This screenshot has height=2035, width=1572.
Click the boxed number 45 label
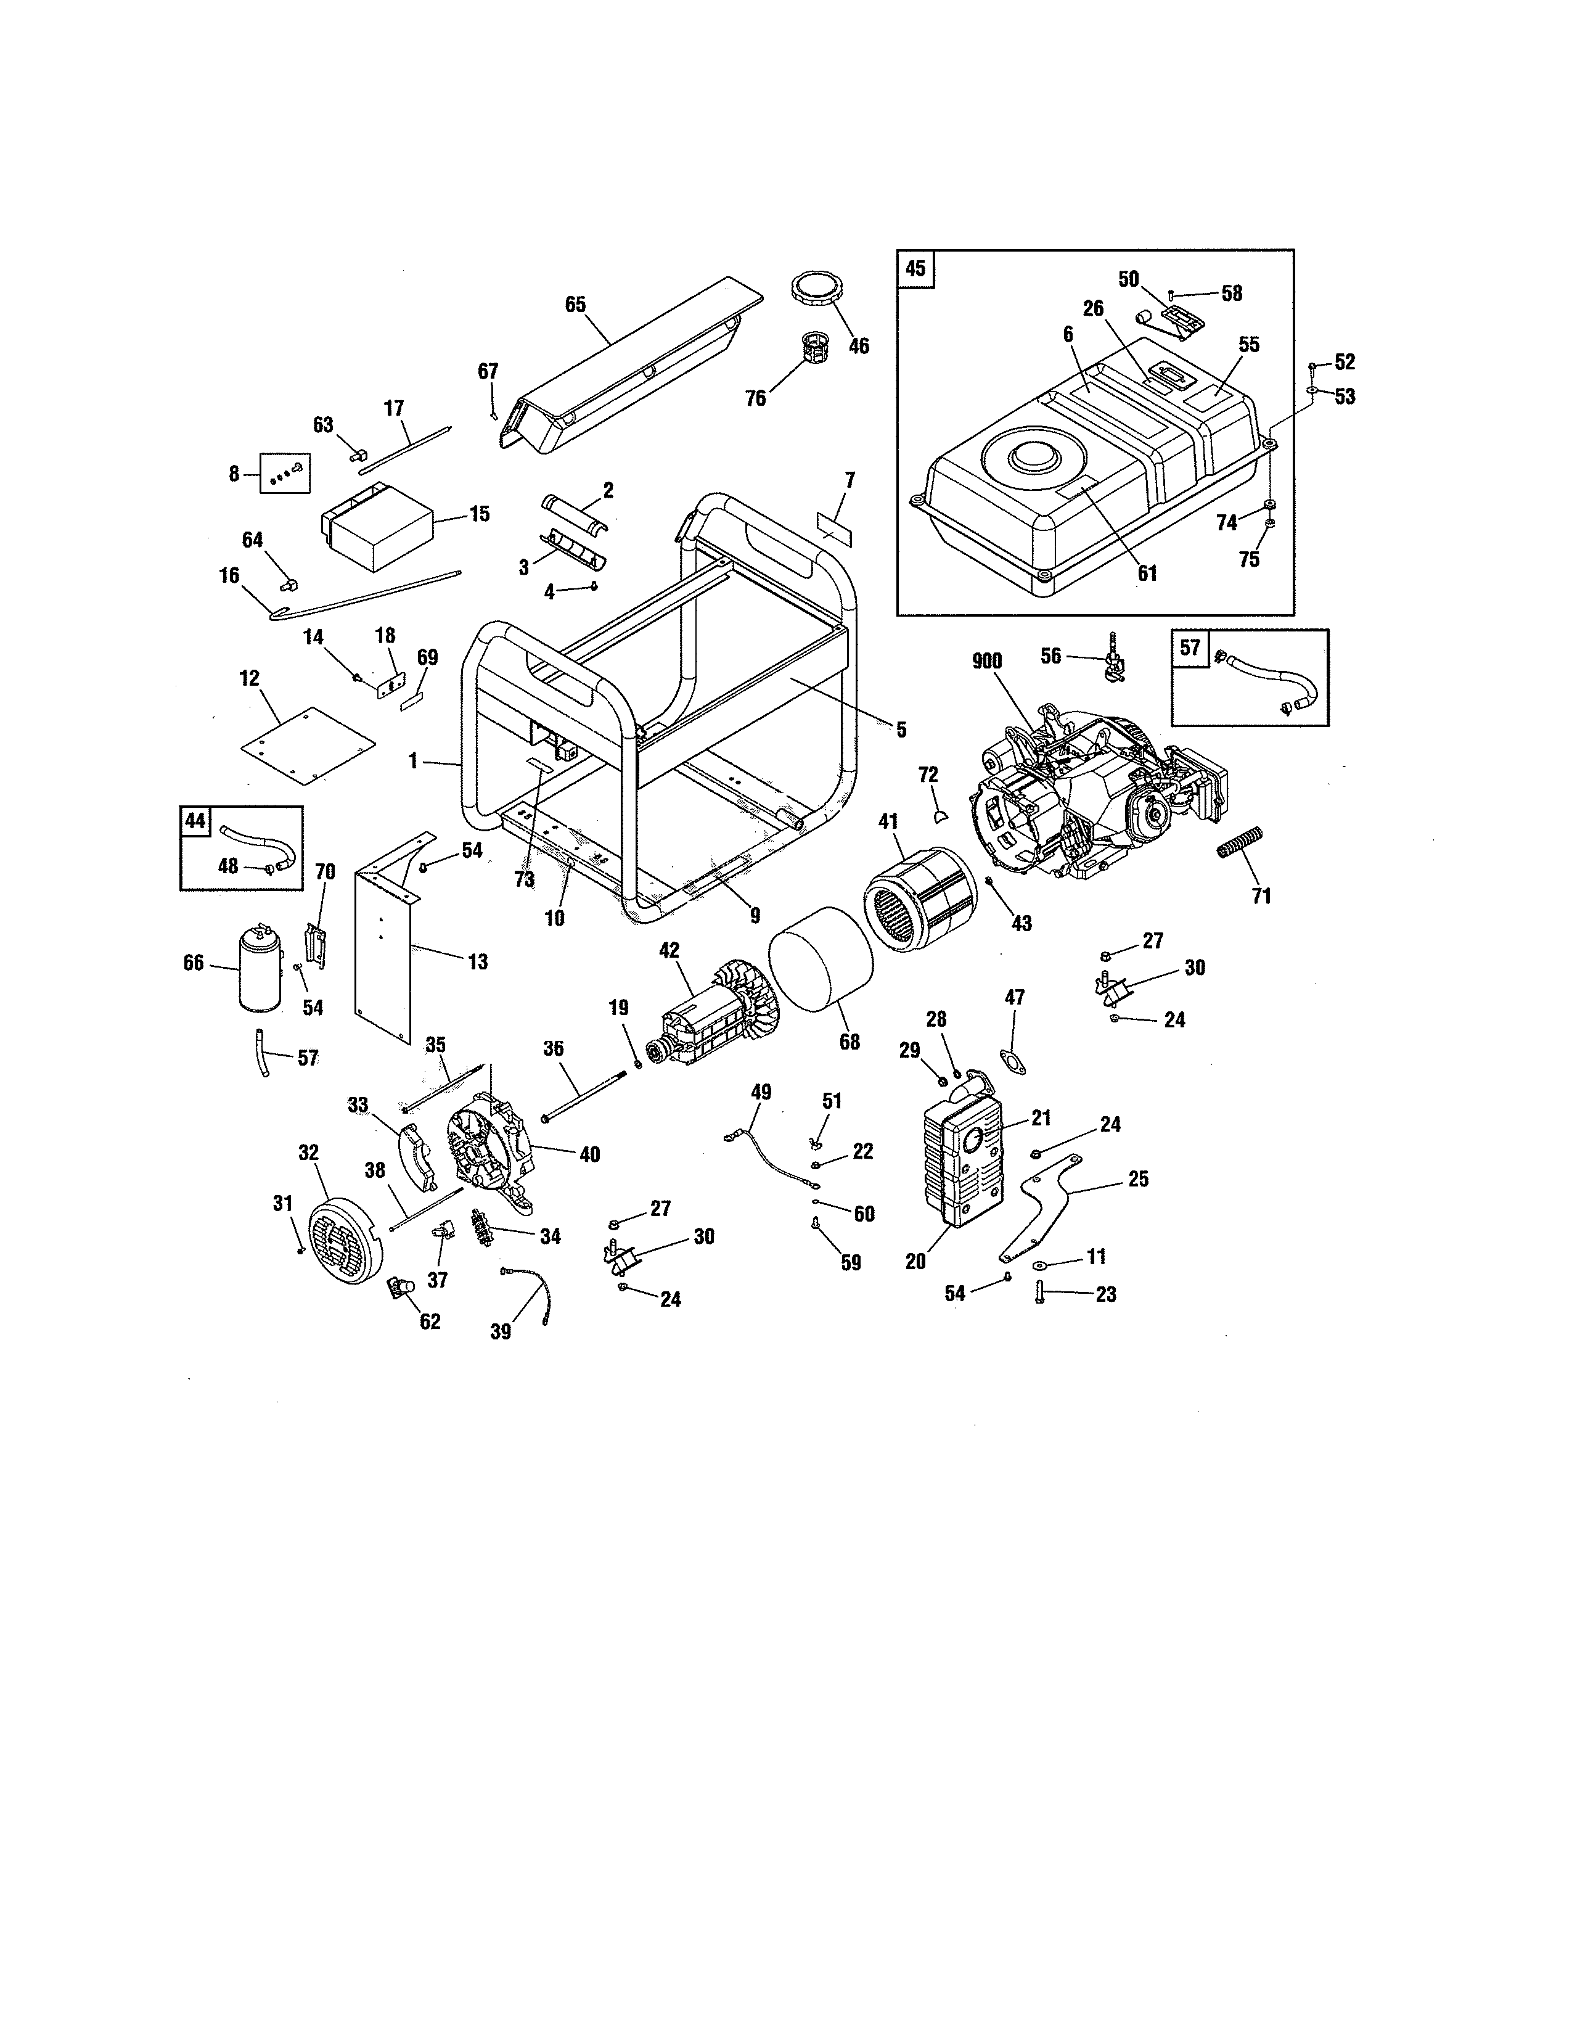915,268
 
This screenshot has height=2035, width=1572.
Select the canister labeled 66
260,969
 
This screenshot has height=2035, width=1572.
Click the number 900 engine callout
986,662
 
